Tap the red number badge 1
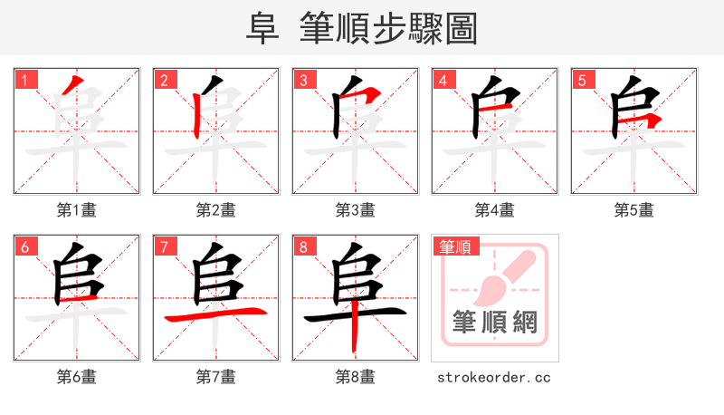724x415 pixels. click(24, 80)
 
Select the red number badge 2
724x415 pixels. click(164, 80)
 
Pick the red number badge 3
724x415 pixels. click(303, 80)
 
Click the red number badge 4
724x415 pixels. click(443, 80)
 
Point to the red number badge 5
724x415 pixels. click(582, 80)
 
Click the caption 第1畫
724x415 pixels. click(77, 210)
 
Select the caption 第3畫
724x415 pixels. click(356, 210)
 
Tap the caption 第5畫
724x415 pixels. click(634, 210)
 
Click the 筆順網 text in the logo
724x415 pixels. click(495, 323)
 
